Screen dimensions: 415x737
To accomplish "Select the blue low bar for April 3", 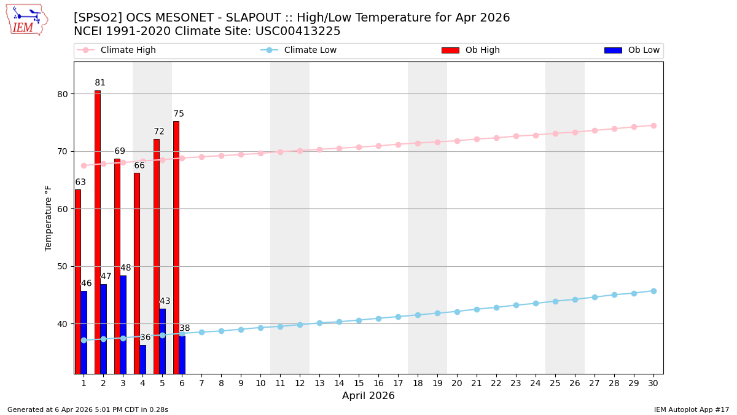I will pyautogui.click(x=123, y=324).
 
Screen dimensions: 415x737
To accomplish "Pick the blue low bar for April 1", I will pyautogui.click(x=84, y=332).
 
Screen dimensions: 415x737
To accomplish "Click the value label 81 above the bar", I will pyautogui.click(x=100, y=83).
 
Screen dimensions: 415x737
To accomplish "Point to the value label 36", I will pyautogui.click(x=145, y=338).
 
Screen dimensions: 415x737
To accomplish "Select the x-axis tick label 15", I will pyautogui.click(x=359, y=383).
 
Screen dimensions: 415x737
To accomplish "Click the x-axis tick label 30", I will pyautogui.click(x=653, y=383).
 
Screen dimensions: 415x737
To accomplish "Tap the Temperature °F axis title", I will pyautogui.click(x=49, y=218).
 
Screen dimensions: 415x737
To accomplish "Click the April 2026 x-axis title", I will pyautogui.click(x=368, y=396).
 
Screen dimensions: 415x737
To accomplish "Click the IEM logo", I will pyautogui.click(x=26, y=20).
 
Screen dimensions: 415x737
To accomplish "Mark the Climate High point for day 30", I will pyautogui.click(x=653, y=125).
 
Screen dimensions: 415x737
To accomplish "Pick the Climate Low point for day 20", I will pyautogui.click(x=457, y=312).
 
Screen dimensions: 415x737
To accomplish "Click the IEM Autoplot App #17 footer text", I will pyautogui.click(x=691, y=409).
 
